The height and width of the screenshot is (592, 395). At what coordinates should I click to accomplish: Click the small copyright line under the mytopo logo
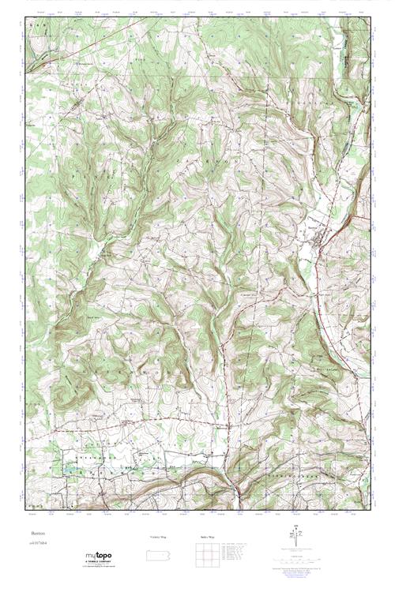(x=98, y=567)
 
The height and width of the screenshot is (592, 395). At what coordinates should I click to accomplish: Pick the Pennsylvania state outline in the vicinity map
(x=158, y=554)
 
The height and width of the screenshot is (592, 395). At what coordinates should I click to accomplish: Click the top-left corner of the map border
(x=26, y=17)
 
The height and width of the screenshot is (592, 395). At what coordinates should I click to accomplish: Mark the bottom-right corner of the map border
(x=369, y=511)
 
